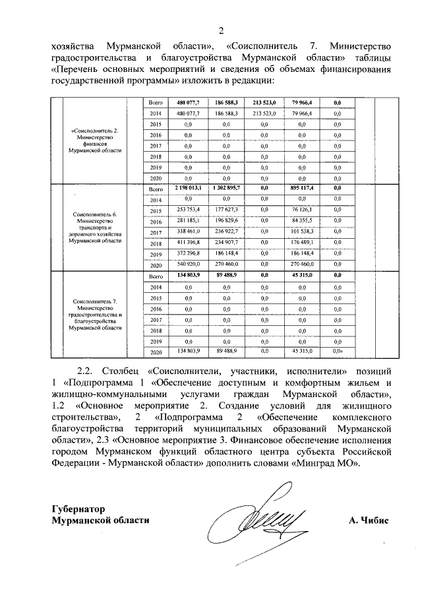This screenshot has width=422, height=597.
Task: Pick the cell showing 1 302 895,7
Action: [226, 189]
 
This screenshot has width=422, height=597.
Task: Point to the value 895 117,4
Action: [305, 189]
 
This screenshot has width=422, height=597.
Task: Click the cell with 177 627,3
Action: [226, 210]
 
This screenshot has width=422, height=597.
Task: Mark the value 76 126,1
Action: [305, 210]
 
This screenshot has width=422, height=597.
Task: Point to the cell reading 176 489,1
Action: [305, 243]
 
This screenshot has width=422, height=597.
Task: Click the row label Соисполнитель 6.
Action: [96, 215]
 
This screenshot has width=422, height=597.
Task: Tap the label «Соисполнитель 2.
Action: [96, 130]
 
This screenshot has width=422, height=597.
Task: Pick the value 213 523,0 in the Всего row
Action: [264, 102]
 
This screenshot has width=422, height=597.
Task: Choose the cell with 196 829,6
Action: [226, 221]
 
